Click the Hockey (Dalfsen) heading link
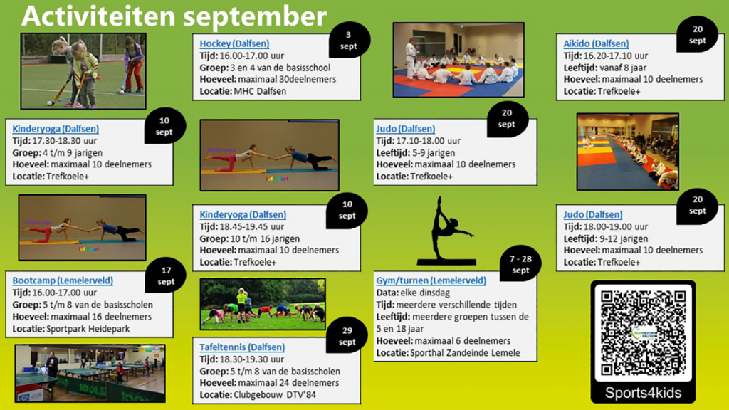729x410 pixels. pyautogui.click(x=234, y=43)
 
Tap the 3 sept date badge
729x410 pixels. pyautogui.click(x=349, y=40)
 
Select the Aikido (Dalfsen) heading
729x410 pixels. pyautogui.click(x=596, y=43)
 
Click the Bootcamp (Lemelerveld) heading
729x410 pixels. pyautogui.click(x=63, y=280)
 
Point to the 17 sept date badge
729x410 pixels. pyautogui.click(x=166, y=275)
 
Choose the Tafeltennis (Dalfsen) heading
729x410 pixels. pyautogui.click(x=242, y=347)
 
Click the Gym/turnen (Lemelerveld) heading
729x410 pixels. pyautogui.click(x=431, y=280)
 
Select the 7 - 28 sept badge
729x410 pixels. pyautogui.click(x=520, y=265)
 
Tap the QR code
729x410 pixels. pyautogui.click(x=642, y=332)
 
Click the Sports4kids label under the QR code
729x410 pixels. pyautogui.click(x=643, y=393)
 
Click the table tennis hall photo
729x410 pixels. pyautogui.click(x=90, y=373)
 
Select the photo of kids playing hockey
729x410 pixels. pyautogui.click(x=83, y=70)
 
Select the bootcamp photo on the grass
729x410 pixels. pyautogui.click(x=263, y=304)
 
